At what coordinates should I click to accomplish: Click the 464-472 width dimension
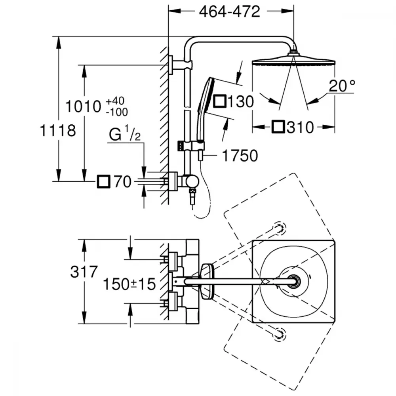(x=230, y=11)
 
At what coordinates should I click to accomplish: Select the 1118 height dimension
(x=58, y=131)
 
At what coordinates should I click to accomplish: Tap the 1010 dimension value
(x=83, y=106)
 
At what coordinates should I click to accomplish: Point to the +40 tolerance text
(x=115, y=101)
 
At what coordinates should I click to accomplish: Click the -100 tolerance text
(x=117, y=112)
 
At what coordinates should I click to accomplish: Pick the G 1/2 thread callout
(x=125, y=134)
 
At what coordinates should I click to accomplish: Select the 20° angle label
(x=342, y=86)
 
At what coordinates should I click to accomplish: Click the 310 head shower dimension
(x=301, y=127)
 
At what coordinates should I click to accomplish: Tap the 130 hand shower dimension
(x=241, y=101)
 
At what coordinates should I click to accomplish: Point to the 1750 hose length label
(x=240, y=156)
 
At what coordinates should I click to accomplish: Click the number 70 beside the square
(x=122, y=182)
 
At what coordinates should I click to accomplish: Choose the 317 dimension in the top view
(x=84, y=272)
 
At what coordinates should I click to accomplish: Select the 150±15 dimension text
(x=129, y=284)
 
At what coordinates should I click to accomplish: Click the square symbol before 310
(x=278, y=127)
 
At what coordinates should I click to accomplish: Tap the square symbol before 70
(x=103, y=182)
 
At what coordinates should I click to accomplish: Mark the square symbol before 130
(x=220, y=101)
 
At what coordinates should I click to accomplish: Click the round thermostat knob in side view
(x=192, y=182)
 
